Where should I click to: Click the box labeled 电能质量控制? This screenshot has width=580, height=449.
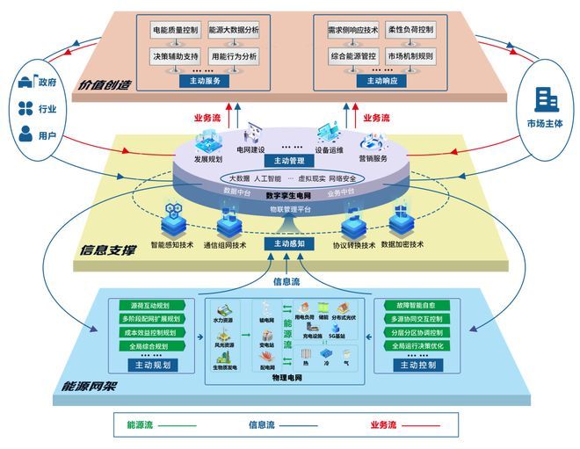pos(176,30)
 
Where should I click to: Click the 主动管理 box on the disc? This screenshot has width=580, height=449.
pos(289,161)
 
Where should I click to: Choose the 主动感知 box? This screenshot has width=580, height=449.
pos(289,243)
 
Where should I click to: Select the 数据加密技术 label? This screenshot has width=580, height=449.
pos(403,244)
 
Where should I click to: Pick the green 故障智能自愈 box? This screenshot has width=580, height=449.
pos(416,306)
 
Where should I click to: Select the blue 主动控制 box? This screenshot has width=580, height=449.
pos(416,366)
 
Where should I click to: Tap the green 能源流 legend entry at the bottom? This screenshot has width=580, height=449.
pos(140,425)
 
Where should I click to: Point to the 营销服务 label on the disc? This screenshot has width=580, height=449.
pos(373,159)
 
